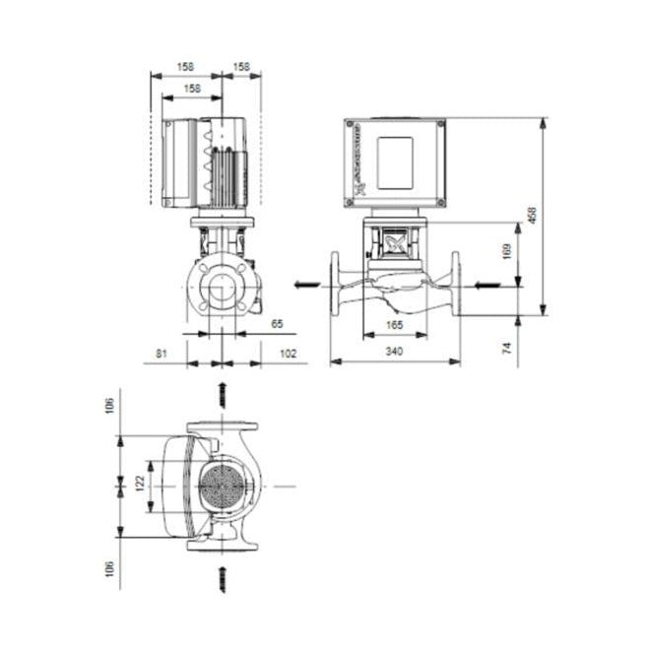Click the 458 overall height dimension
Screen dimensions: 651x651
[x=533, y=216]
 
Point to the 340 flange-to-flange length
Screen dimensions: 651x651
[x=395, y=351]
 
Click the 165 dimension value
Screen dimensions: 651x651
[x=393, y=324]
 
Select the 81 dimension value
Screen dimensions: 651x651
[x=163, y=352]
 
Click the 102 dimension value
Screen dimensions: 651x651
[x=287, y=352]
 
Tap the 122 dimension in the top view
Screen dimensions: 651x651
[x=141, y=483]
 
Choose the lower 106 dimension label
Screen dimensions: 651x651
[x=110, y=569]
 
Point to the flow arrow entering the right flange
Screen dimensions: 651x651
[x=487, y=286]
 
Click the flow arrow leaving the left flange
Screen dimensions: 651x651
[x=307, y=286]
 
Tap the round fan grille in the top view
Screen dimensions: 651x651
[x=221, y=487]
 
